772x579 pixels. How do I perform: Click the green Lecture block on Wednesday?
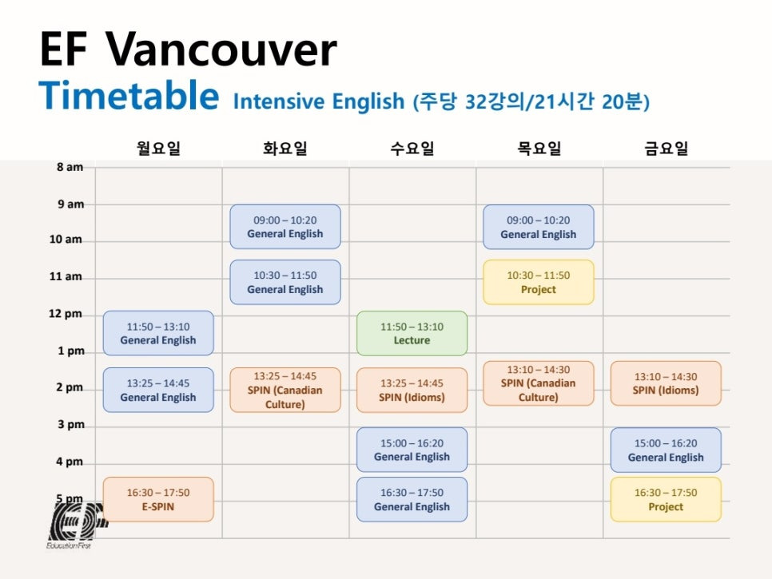click(412, 333)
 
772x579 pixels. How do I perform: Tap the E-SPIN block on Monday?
click(158, 499)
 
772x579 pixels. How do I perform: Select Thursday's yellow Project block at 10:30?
click(538, 282)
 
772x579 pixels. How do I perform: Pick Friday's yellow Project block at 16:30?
click(666, 499)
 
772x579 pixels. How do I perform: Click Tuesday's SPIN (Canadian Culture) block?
click(285, 390)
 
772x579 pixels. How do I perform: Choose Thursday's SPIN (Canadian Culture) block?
click(538, 383)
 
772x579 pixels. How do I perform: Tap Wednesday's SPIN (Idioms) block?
click(412, 390)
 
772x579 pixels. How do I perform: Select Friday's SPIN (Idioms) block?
click(666, 383)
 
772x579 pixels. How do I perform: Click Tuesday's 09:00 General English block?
click(285, 227)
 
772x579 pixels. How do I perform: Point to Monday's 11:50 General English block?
click(158, 333)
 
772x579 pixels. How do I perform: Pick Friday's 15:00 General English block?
click(666, 450)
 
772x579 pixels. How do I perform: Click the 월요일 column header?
click(158, 148)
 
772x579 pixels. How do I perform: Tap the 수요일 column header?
click(412, 148)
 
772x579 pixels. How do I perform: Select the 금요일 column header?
click(667, 148)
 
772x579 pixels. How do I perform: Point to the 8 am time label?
click(70, 167)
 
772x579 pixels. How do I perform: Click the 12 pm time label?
click(66, 314)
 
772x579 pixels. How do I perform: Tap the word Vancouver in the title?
click(221, 50)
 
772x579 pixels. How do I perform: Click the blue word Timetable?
click(129, 95)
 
